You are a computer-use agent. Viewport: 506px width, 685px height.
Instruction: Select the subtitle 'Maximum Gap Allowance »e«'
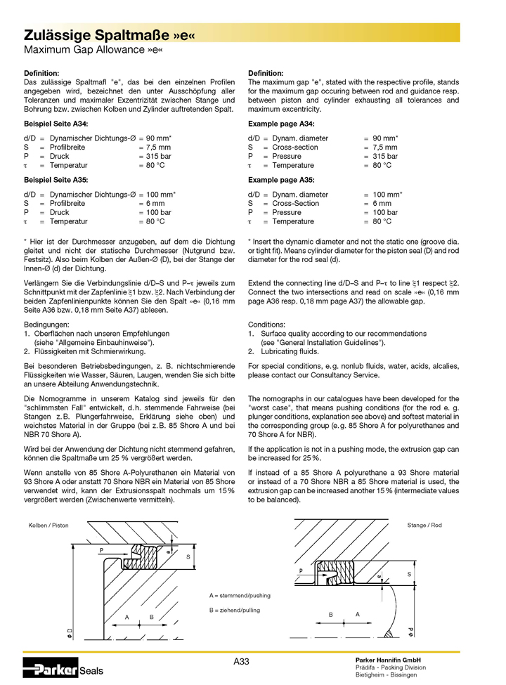(x=89, y=50)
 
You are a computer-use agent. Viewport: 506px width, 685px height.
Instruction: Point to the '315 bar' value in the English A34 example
(x=385, y=157)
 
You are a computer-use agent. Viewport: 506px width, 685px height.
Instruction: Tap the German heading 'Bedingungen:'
(x=47, y=325)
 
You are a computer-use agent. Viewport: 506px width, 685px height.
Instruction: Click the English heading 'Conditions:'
(x=268, y=325)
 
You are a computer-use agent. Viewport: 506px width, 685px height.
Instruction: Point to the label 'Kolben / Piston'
(x=48, y=526)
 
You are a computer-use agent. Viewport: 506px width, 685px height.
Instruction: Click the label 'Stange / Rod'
(x=424, y=526)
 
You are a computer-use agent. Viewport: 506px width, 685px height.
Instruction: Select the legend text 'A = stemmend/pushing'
(x=239, y=595)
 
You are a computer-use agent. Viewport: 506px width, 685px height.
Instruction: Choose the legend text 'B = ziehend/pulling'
(x=235, y=611)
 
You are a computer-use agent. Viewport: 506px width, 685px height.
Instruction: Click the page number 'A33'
(x=241, y=661)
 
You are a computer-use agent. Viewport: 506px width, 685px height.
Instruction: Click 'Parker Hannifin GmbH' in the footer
(x=388, y=660)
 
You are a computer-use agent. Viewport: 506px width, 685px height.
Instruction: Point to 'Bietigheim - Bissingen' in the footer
(x=386, y=675)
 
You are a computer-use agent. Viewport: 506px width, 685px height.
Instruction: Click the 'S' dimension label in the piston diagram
(x=188, y=556)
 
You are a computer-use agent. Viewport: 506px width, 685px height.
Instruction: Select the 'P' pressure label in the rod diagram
(x=300, y=571)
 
